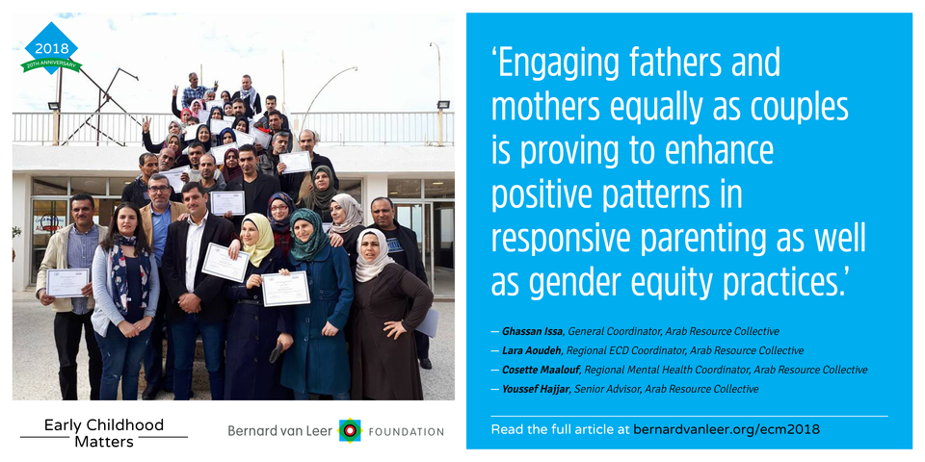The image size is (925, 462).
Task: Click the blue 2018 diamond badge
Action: tap(51, 48)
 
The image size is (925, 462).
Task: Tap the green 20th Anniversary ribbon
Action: tap(51, 64)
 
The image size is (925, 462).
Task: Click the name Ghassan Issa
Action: tap(524, 331)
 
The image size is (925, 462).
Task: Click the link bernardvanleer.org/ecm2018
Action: tap(727, 429)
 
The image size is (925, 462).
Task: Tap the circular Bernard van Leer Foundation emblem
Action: tap(351, 431)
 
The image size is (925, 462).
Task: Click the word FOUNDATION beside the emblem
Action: tap(406, 432)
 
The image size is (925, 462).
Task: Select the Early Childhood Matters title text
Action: tap(104, 432)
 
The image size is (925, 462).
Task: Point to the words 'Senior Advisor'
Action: tap(597, 389)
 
